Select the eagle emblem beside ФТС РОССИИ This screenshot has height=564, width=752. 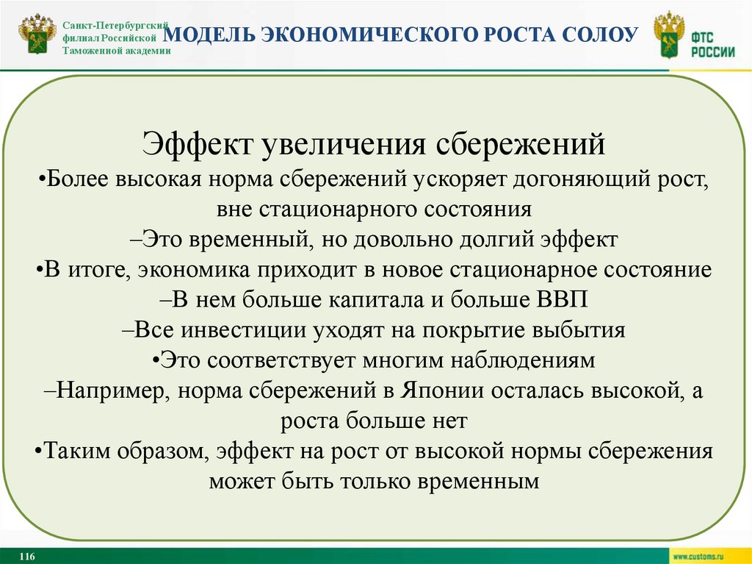[x=668, y=35]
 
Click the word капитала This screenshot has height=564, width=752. [x=380, y=299]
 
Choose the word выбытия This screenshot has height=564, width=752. [x=582, y=329]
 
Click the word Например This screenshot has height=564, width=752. [x=115, y=390]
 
